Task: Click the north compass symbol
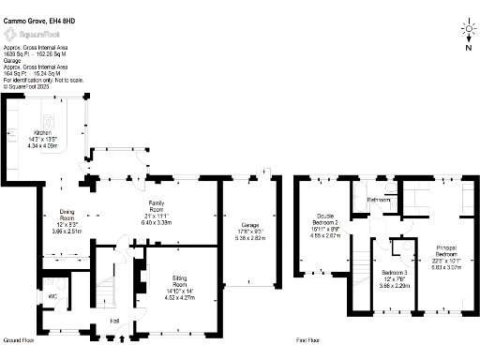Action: pos(466,33)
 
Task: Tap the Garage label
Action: pos(248,226)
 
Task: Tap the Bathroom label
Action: pos(379,200)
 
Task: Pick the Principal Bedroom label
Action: pos(448,249)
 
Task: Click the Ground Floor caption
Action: pos(19,339)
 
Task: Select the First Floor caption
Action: pos(309,339)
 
